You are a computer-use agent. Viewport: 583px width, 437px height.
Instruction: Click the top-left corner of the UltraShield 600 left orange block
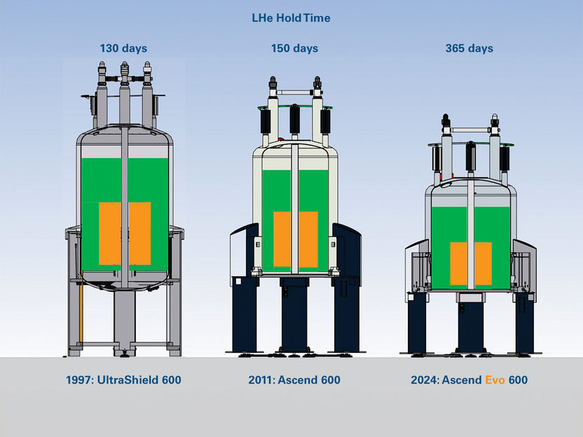click(x=99, y=202)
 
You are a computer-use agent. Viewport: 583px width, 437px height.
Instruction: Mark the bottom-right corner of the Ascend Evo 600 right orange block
click(x=492, y=285)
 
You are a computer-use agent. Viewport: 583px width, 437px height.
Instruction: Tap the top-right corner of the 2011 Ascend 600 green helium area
click(x=329, y=170)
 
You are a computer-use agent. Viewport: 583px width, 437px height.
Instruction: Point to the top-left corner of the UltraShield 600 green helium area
click(x=81, y=158)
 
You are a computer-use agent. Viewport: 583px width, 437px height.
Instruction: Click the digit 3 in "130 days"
click(x=109, y=48)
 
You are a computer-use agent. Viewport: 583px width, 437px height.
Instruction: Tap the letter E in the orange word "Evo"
click(x=488, y=380)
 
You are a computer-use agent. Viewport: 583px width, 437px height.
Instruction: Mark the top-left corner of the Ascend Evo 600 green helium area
click(x=432, y=207)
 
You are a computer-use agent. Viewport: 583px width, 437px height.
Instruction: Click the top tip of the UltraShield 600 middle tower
click(x=125, y=62)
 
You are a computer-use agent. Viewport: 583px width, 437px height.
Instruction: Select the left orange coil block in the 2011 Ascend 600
click(x=282, y=240)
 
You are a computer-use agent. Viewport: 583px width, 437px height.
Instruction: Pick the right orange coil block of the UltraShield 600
click(x=139, y=233)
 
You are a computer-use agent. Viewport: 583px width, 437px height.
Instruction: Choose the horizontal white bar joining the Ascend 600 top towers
click(x=295, y=92)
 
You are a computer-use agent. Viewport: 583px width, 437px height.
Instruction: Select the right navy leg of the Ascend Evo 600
click(x=524, y=323)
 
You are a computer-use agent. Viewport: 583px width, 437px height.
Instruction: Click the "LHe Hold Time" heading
click(x=291, y=18)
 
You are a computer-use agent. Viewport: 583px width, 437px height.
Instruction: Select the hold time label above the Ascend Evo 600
click(x=469, y=48)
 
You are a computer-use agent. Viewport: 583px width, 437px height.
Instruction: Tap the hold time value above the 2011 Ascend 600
click(x=294, y=48)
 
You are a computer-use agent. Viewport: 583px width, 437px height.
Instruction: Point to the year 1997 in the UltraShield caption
click(x=80, y=380)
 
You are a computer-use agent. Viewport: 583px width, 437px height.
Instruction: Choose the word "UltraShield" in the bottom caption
click(x=128, y=380)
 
